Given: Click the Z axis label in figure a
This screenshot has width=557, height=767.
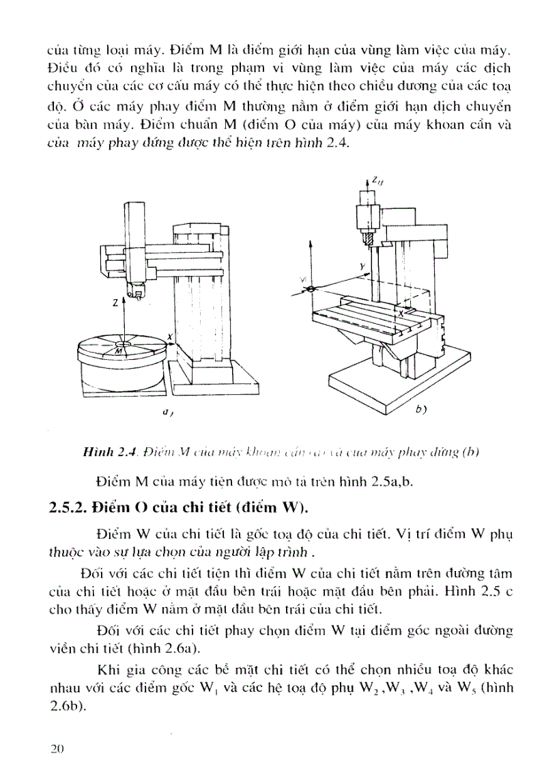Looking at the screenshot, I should (x=116, y=301).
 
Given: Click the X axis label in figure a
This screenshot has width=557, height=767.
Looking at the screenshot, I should (x=169, y=337).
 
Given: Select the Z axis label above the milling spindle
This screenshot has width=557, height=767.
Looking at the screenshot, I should (x=376, y=180).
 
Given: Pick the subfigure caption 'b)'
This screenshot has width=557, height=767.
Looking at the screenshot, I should (x=420, y=410).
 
